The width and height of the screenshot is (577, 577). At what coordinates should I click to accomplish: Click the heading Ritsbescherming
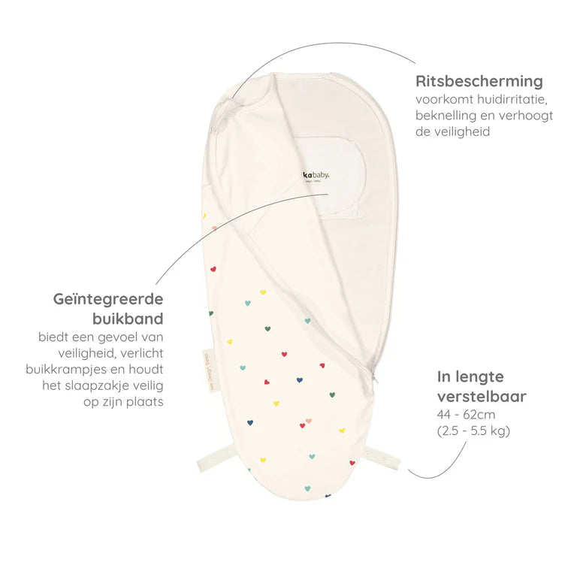479,81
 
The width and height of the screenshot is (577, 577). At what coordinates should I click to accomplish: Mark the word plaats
146,403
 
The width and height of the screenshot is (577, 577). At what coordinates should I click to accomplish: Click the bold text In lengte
471,376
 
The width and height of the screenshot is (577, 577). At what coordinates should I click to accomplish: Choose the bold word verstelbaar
482,395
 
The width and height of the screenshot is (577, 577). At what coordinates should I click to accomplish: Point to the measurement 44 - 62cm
466,414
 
